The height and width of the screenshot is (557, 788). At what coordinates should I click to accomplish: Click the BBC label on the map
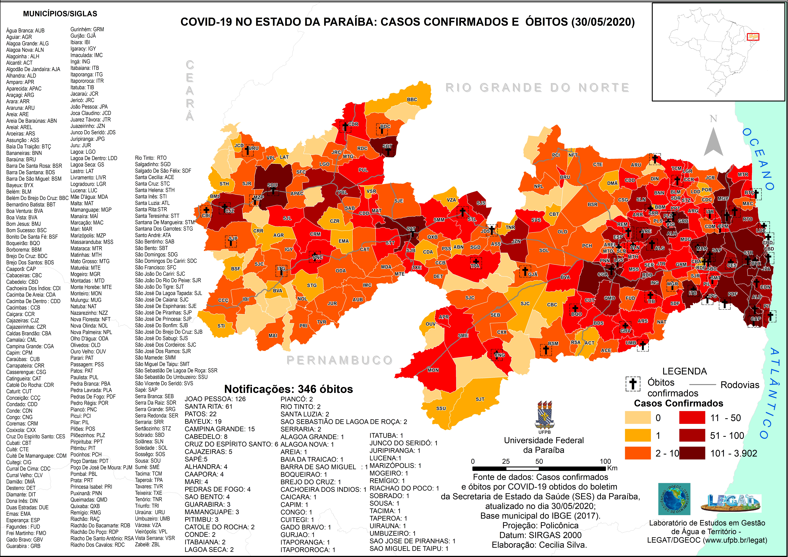412,100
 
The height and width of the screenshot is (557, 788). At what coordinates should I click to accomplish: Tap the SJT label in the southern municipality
480,399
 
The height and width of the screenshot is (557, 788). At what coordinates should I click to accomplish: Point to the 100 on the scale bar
605,461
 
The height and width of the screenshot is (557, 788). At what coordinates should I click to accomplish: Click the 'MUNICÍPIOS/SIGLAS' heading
60,14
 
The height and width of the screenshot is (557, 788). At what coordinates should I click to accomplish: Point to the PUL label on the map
363,170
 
